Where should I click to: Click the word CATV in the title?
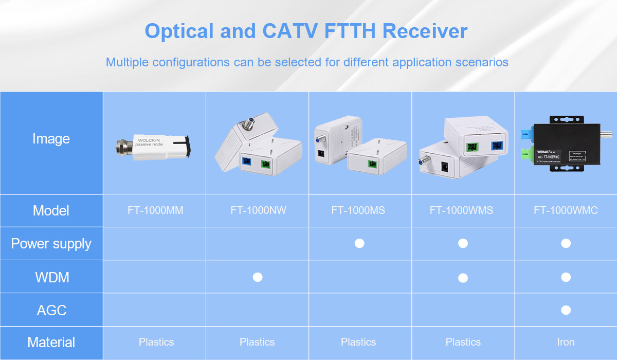(x=289, y=31)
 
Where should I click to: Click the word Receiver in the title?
(x=425, y=31)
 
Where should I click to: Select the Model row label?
(x=51, y=210)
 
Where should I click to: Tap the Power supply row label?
(x=51, y=243)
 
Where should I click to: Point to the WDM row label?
(x=51, y=277)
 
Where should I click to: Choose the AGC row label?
(x=51, y=310)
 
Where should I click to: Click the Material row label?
(x=51, y=343)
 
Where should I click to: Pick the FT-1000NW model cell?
(x=258, y=210)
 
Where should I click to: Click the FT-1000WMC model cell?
(x=566, y=210)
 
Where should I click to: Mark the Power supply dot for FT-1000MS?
(x=359, y=243)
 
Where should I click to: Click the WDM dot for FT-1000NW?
(x=258, y=277)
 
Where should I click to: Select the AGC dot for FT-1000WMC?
(x=566, y=310)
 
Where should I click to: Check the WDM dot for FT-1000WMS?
(x=463, y=277)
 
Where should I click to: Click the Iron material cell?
(x=566, y=342)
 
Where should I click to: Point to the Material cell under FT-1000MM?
(x=156, y=342)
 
